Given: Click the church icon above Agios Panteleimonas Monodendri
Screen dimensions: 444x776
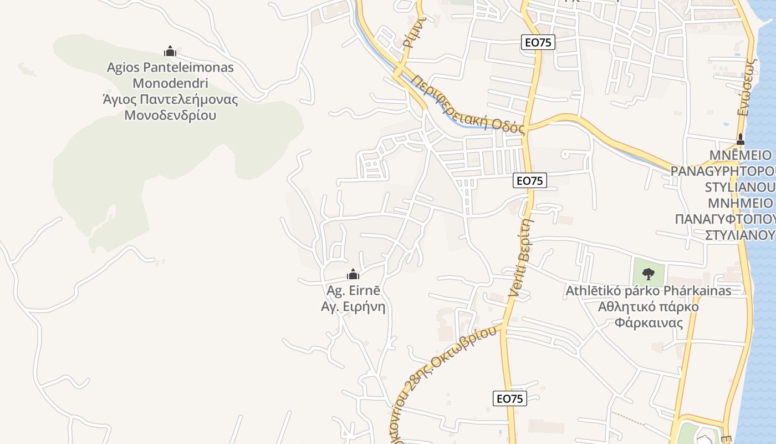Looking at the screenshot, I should click(170, 52).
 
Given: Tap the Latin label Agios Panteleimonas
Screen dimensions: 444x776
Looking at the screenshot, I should click(170, 68).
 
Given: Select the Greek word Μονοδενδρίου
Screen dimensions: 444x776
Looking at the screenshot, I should click(170, 115).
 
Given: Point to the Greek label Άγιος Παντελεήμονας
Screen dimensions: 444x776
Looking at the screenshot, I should click(170, 100).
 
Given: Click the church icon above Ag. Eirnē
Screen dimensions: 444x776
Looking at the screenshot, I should click(353, 274).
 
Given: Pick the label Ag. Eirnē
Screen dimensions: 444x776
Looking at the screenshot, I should click(353, 290).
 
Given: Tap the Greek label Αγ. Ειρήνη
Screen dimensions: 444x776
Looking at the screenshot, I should click(353, 306).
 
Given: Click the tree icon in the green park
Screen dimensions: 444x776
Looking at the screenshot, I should click(648, 273).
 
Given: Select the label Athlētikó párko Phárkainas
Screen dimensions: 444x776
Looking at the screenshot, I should click(648, 290).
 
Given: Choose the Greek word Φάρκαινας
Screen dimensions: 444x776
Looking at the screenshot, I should click(649, 322).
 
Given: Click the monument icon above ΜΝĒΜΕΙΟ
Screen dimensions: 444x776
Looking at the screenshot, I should click(740, 139).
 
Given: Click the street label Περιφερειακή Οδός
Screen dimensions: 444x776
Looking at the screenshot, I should click(468, 105).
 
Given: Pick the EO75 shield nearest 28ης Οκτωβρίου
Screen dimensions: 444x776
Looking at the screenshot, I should click(509, 398).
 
